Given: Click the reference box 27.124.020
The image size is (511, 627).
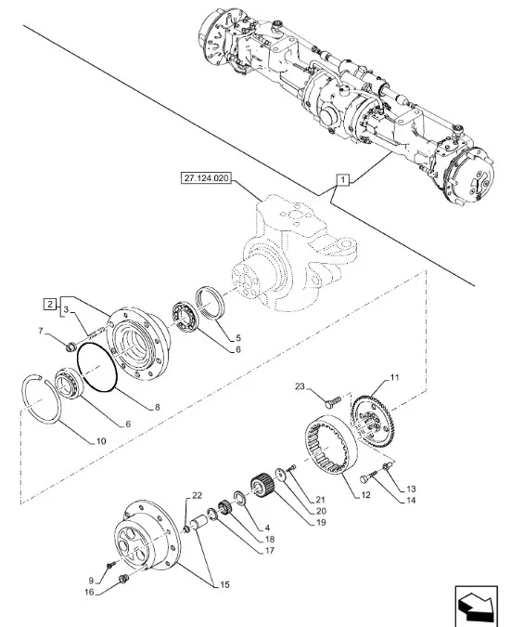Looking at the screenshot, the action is point(207,177).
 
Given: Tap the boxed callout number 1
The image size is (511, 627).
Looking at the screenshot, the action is point(342,180).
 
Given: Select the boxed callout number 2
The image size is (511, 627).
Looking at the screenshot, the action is point(49,305).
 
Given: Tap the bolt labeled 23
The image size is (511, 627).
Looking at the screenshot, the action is point(332,401).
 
